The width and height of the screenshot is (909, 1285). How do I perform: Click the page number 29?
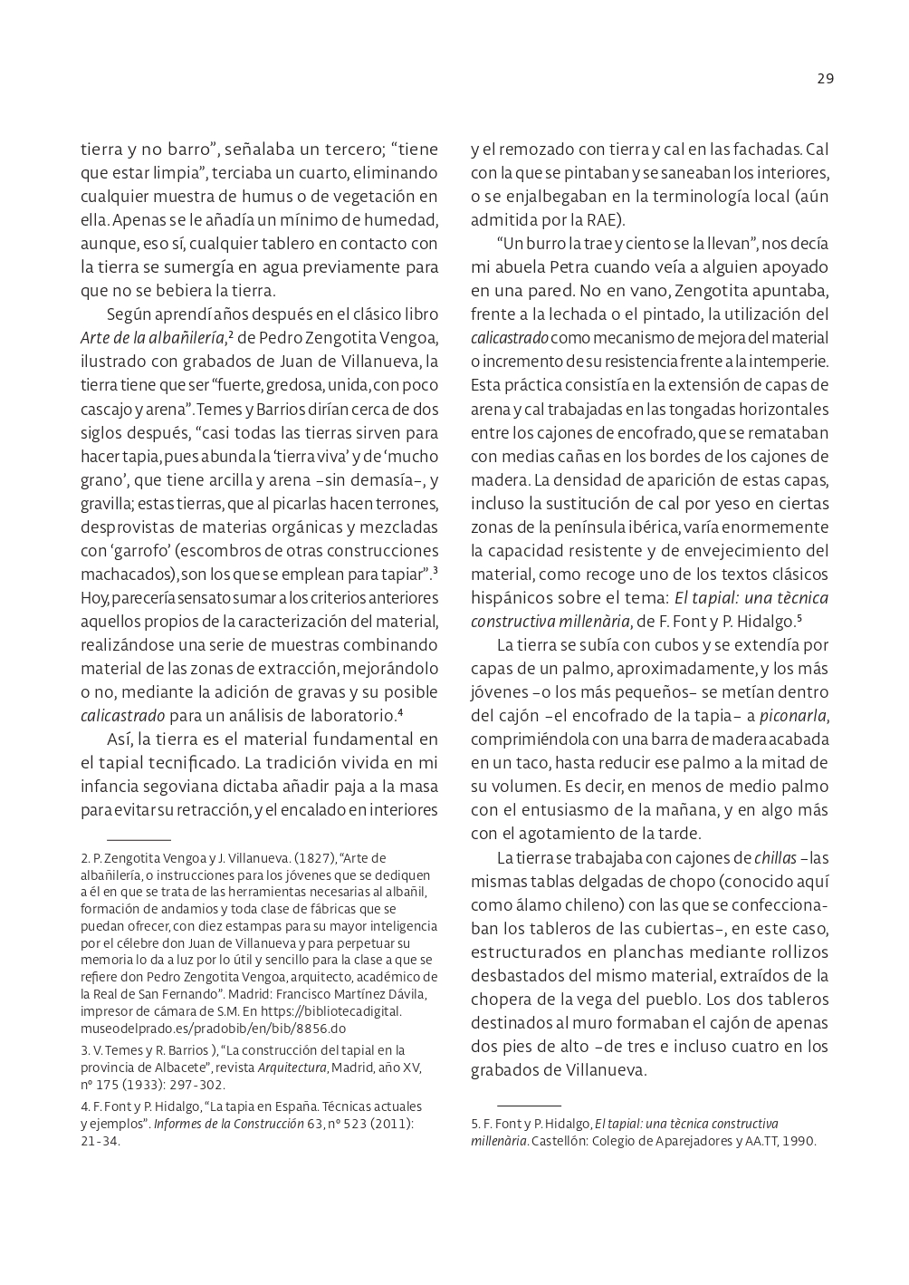click(x=825, y=79)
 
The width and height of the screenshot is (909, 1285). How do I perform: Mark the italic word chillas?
click(x=775, y=857)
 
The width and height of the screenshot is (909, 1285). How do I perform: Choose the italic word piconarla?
click(x=793, y=716)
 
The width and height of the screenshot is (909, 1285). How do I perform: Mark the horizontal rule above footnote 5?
click(x=529, y=1106)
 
